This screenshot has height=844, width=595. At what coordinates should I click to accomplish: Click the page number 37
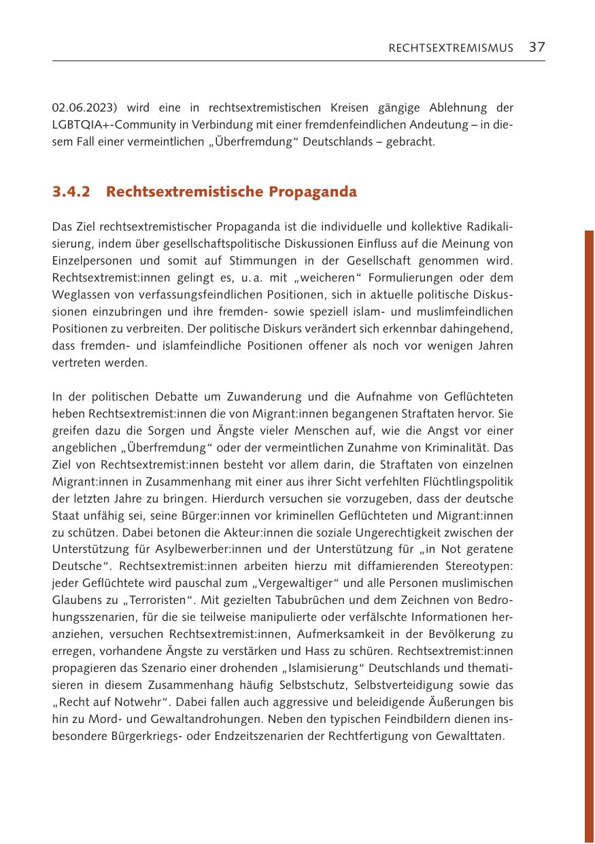[x=537, y=47]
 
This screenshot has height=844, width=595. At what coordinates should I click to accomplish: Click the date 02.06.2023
[x=78, y=107]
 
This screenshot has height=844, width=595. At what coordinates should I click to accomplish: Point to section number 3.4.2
[x=71, y=192]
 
